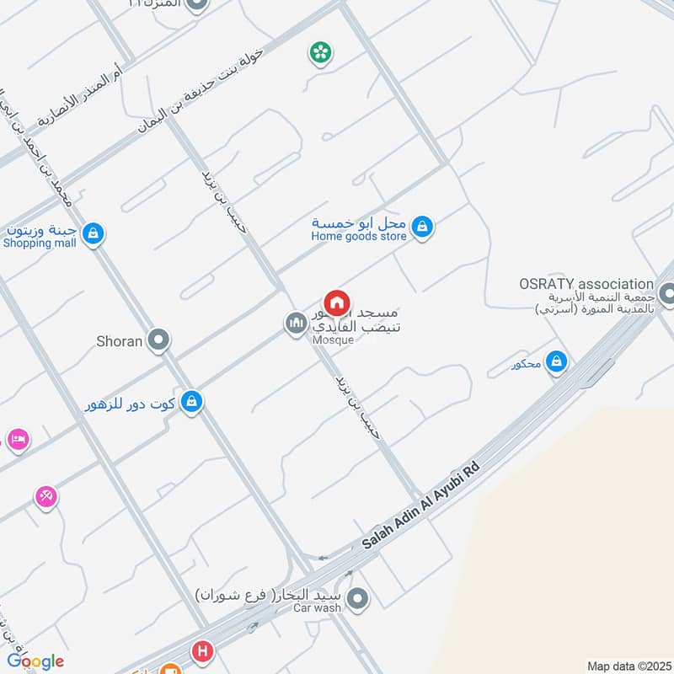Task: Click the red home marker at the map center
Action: point(336,302)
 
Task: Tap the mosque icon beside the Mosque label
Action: point(295,323)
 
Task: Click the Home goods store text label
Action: point(359,237)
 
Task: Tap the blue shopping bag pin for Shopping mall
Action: point(94,233)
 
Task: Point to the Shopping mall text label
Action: point(40,243)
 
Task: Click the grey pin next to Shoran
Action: point(158,340)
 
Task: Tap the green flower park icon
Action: point(320,54)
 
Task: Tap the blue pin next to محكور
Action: point(555,362)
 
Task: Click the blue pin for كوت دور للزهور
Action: point(191,402)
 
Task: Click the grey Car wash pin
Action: point(358,601)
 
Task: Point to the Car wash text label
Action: point(317,607)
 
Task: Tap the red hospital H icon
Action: point(201,651)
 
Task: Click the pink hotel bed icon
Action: point(17,439)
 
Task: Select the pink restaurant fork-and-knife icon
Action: point(46,497)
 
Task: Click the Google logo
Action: point(35,661)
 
